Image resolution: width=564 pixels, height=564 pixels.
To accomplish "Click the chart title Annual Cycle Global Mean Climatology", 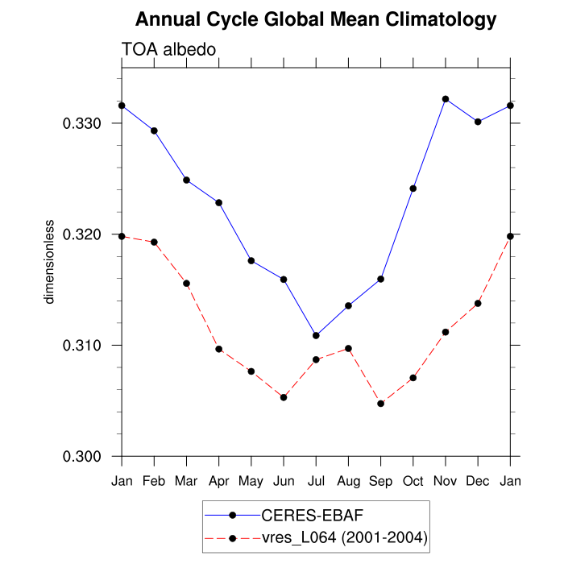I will (316, 19).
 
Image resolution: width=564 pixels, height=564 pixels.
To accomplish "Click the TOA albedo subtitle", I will (168, 50).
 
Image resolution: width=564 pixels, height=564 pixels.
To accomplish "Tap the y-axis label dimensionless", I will (50, 261).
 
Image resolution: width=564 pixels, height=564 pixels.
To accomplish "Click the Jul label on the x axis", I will (316, 481).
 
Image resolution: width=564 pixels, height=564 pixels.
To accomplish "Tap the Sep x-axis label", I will (380, 481).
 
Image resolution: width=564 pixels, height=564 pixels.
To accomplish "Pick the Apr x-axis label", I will (218, 481).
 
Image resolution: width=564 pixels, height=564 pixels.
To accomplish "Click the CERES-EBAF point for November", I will (446, 99).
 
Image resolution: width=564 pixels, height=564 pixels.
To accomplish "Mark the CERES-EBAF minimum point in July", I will (316, 335).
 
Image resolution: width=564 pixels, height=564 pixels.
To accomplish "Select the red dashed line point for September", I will (380, 403).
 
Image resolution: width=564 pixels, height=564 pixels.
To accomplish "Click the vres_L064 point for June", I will (284, 397).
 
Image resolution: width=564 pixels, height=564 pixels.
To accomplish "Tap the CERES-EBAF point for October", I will (413, 189).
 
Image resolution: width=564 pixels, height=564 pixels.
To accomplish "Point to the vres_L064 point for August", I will (348, 348).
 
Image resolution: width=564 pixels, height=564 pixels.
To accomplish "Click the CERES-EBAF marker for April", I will (218, 202).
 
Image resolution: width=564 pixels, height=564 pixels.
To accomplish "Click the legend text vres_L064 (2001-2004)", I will (338, 537).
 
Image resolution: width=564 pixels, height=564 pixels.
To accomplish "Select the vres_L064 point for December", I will (478, 303).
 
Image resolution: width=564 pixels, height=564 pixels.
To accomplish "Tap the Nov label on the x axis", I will (446, 481).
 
